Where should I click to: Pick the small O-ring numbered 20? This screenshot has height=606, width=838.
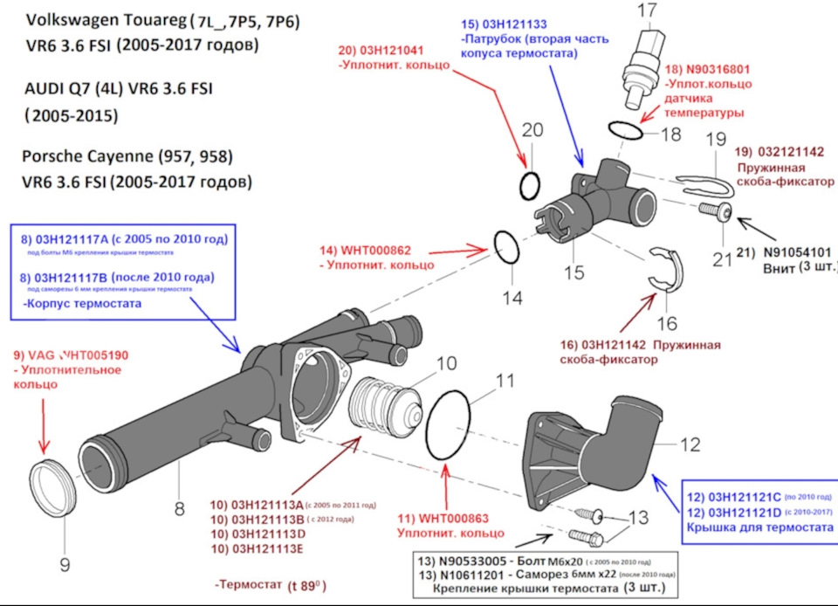(x=528, y=185)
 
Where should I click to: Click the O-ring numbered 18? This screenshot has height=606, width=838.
(x=626, y=130)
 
